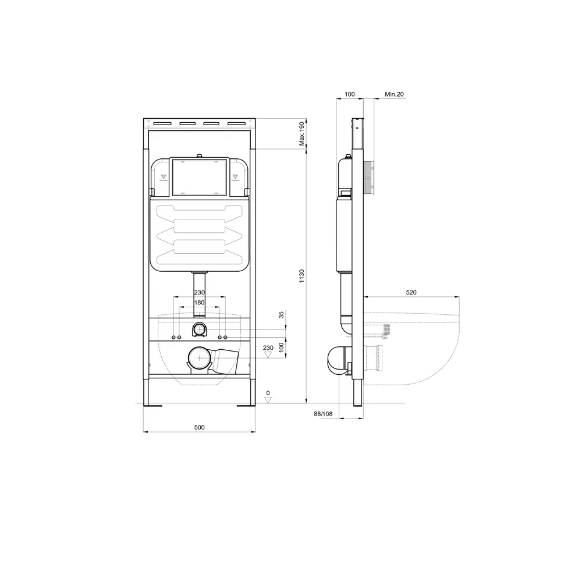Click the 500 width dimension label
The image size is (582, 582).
coord(199,427)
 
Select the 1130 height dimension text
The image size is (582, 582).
coord(301,276)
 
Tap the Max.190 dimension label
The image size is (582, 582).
coord(301,134)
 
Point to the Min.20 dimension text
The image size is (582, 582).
coord(394,94)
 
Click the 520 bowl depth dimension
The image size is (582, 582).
coord(411,293)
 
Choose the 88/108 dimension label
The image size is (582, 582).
coord(323,414)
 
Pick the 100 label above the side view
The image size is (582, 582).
coord(350,94)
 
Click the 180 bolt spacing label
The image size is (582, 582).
coord(199,303)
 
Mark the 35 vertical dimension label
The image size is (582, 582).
coord(281,315)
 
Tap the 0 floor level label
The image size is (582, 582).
coord(268,393)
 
